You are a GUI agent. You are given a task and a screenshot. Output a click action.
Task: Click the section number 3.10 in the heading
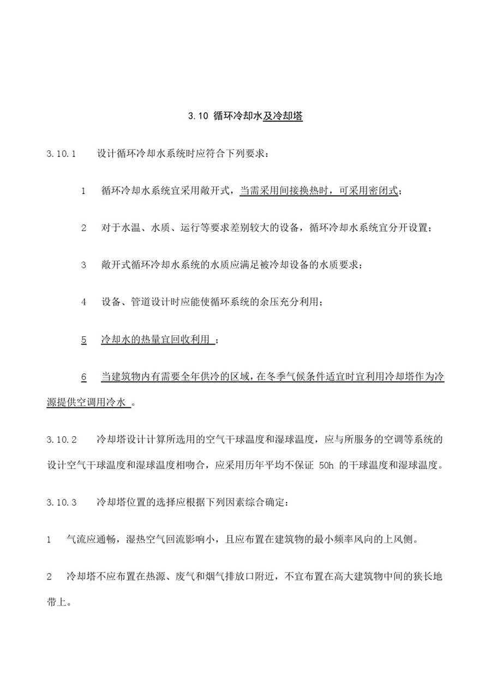point(199,116)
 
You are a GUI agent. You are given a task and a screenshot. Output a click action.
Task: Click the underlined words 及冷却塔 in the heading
point(283,116)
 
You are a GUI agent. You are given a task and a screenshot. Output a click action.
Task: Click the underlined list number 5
point(84,340)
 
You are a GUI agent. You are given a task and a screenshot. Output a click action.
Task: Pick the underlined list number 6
point(84,377)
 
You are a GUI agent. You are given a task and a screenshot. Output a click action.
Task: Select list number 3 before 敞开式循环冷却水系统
point(84,265)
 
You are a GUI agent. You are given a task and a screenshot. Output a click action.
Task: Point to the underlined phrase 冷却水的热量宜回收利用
point(155,340)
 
